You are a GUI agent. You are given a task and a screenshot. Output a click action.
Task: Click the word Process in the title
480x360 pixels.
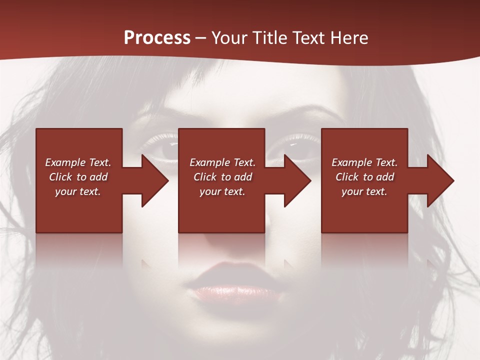157,38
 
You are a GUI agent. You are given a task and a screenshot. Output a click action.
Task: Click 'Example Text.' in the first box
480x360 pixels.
78,162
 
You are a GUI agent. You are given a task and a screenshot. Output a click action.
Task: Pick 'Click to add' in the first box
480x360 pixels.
78,177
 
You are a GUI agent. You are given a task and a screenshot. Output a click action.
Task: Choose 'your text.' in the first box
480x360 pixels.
78,191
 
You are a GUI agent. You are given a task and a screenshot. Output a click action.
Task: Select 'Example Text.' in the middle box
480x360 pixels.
222,162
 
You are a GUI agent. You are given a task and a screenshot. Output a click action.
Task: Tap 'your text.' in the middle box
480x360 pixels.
222,191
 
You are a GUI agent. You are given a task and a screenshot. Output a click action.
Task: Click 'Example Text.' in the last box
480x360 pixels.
364,162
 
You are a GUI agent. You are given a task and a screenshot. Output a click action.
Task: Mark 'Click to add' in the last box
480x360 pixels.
364,177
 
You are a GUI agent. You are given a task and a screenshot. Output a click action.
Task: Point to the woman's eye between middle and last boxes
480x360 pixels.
296,145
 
